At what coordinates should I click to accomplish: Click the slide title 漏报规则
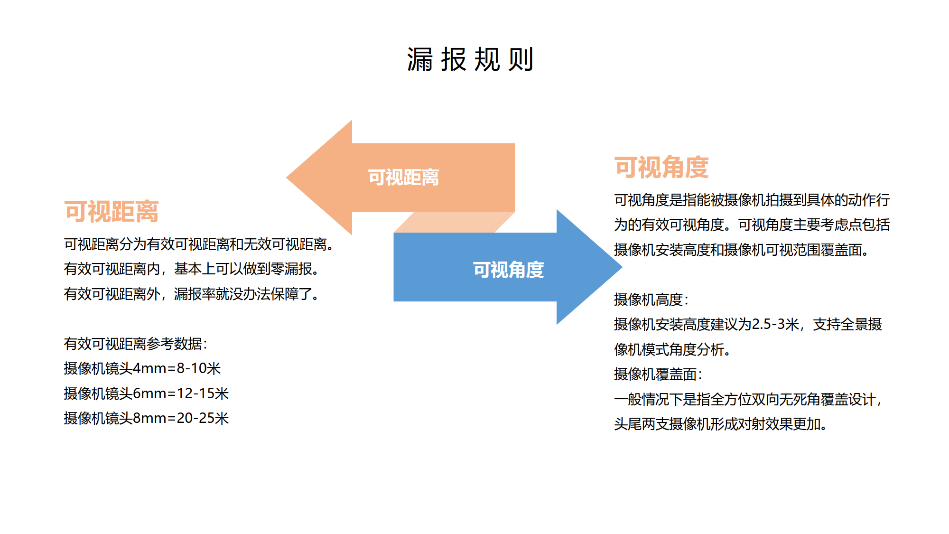470,60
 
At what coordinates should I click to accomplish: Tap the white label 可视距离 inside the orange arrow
403,178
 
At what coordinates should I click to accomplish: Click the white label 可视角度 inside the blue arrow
508,270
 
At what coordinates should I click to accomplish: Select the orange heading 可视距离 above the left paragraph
111,212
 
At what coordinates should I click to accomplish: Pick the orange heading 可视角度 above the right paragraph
661,168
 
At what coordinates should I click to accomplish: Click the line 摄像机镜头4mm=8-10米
142,368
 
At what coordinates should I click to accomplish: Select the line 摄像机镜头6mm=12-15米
146,393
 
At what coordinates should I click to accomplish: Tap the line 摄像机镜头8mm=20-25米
146,418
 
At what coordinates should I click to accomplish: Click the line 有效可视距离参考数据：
136,344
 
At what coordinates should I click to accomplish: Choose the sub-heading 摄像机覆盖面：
658,374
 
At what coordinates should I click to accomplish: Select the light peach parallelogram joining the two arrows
455,222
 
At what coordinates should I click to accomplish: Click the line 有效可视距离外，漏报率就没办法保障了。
192,294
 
